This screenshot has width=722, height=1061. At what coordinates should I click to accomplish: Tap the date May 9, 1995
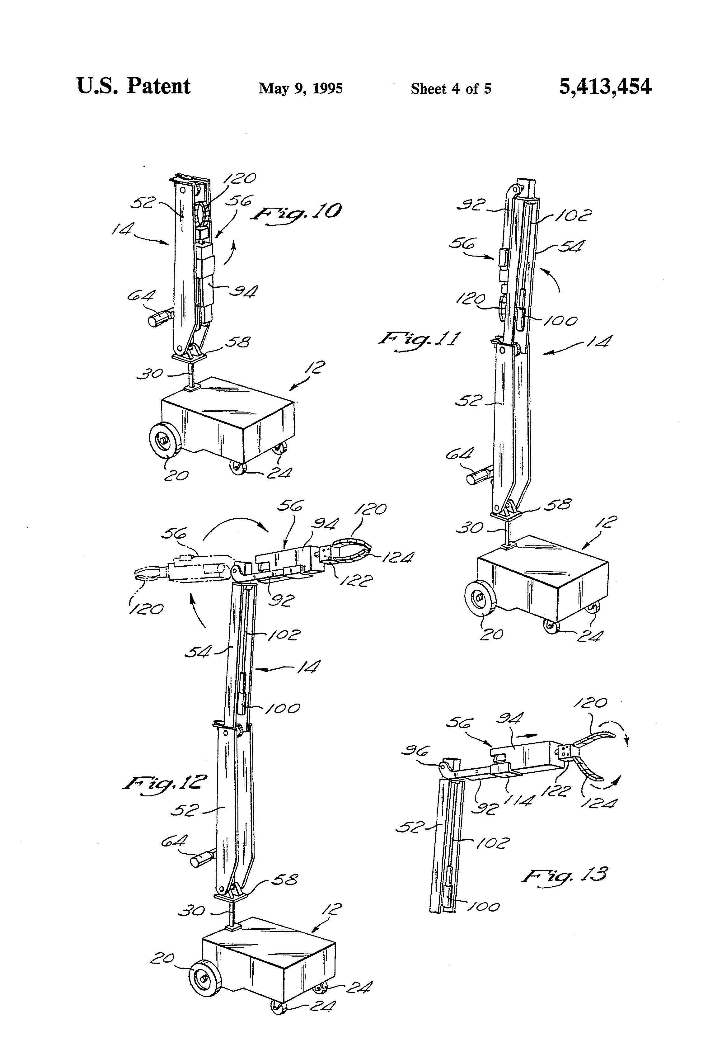click(x=301, y=88)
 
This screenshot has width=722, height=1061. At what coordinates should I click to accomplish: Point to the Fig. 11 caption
click(x=419, y=340)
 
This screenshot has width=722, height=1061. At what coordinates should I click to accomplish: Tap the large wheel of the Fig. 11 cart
click(x=481, y=598)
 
